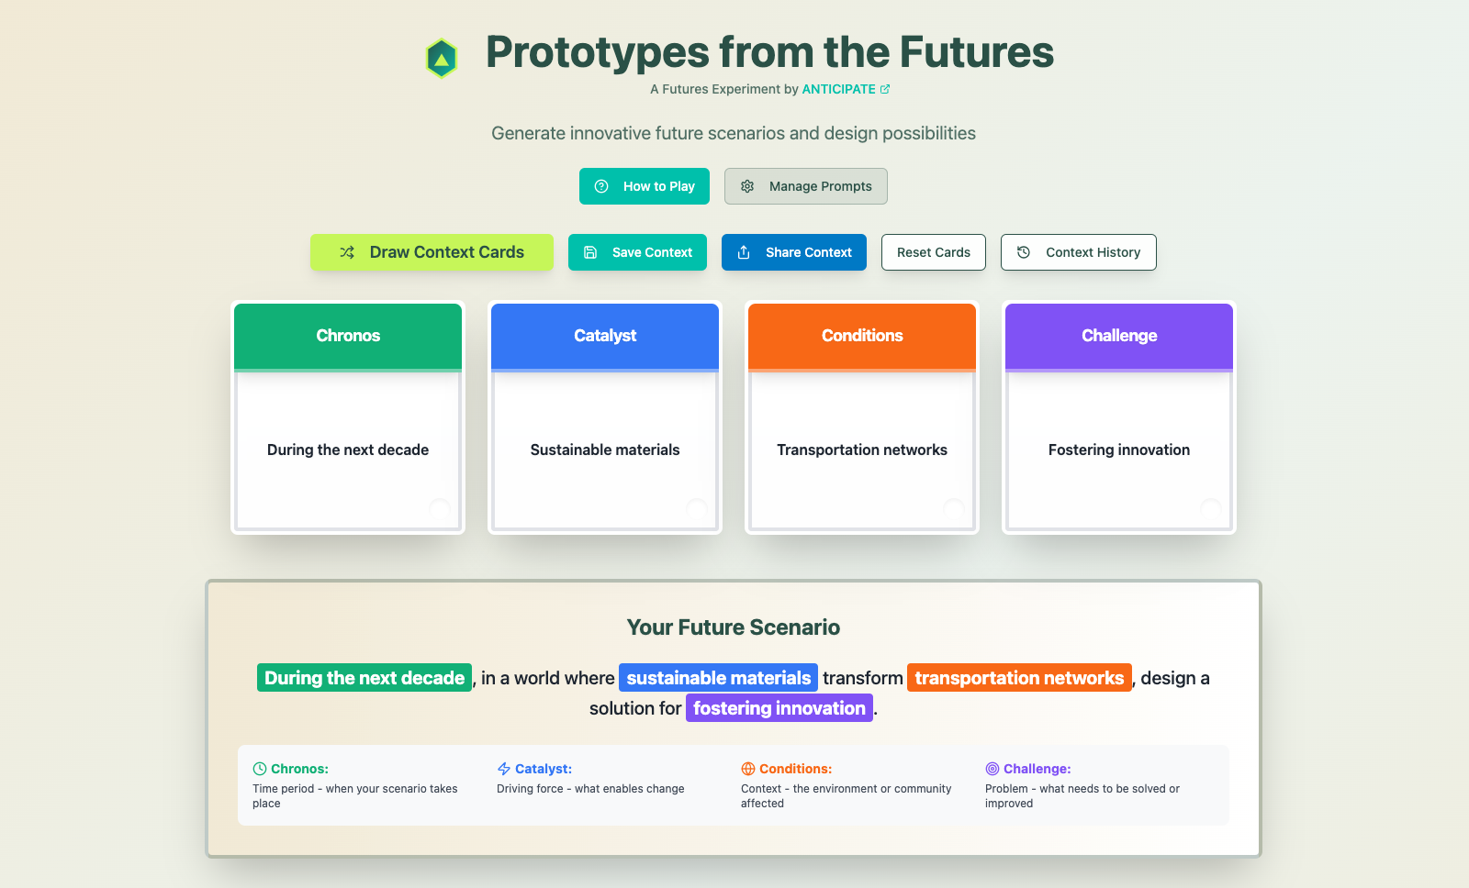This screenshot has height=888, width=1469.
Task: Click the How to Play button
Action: pyautogui.click(x=644, y=186)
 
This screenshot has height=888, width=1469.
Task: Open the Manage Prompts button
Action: pyautogui.click(x=805, y=186)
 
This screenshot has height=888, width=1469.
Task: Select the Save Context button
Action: pyautogui.click(x=637, y=252)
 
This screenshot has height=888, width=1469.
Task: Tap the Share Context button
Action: pyautogui.click(x=793, y=252)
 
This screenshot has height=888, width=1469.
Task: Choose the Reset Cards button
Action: pyautogui.click(x=933, y=252)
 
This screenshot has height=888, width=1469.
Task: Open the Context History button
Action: pyautogui.click(x=1078, y=252)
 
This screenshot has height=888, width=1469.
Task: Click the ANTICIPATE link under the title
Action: pyautogui.click(x=839, y=89)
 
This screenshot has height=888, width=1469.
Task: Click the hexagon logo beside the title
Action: pyautogui.click(x=442, y=59)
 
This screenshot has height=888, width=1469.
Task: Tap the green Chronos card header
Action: pyautogui.click(x=348, y=336)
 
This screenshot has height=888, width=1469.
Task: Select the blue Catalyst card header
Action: pyautogui.click(x=605, y=336)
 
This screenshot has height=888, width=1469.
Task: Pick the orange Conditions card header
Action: pyautogui.click(x=862, y=336)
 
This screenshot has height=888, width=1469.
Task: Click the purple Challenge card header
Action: pyautogui.click(x=1119, y=336)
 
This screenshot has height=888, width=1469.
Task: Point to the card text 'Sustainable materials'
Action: pyautogui.click(x=605, y=450)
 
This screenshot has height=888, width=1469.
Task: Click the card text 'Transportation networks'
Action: pyautogui.click(x=862, y=450)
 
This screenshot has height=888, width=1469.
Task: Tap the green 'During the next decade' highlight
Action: pyautogui.click(x=364, y=678)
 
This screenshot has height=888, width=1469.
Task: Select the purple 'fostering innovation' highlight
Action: pyautogui.click(x=779, y=708)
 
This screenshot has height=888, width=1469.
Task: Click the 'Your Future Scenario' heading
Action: pyautogui.click(x=734, y=627)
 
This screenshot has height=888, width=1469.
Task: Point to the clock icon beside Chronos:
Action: pyautogui.click(x=260, y=769)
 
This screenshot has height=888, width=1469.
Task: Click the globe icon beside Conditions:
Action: pyautogui.click(x=748, y=769)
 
